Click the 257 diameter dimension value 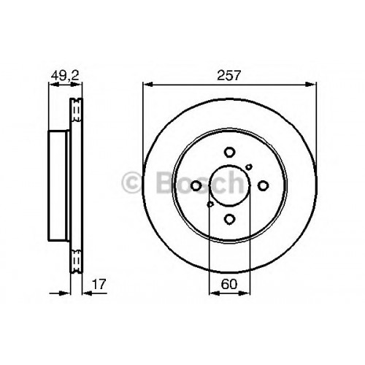click(228, 75)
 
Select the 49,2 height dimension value click(65, 75)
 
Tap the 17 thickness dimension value click(99, 284)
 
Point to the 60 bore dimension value click(229, 284)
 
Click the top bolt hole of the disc click(229, 153)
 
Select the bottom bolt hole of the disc click(229, 219)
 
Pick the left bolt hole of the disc click(196, 186)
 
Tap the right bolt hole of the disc click(263, 186)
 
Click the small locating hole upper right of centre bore click(249, 167)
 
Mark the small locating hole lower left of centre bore click(210, 204)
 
